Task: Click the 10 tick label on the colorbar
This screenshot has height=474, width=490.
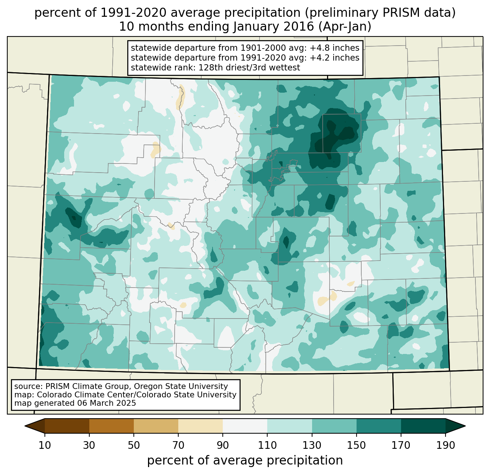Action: [45, 445]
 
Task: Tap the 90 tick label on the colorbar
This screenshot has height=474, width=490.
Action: [223, 445]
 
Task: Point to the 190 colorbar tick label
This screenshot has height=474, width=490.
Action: [446, 445]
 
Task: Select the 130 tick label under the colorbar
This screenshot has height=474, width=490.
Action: [312, 445]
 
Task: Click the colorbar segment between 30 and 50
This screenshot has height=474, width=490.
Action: [112, 426]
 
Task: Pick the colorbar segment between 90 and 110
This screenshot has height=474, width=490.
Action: [245, 426]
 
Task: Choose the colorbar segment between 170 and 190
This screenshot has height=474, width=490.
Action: [423, 426]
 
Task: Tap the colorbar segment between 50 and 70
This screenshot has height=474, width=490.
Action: [156, 426]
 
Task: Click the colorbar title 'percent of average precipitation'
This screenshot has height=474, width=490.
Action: [245, 460]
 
